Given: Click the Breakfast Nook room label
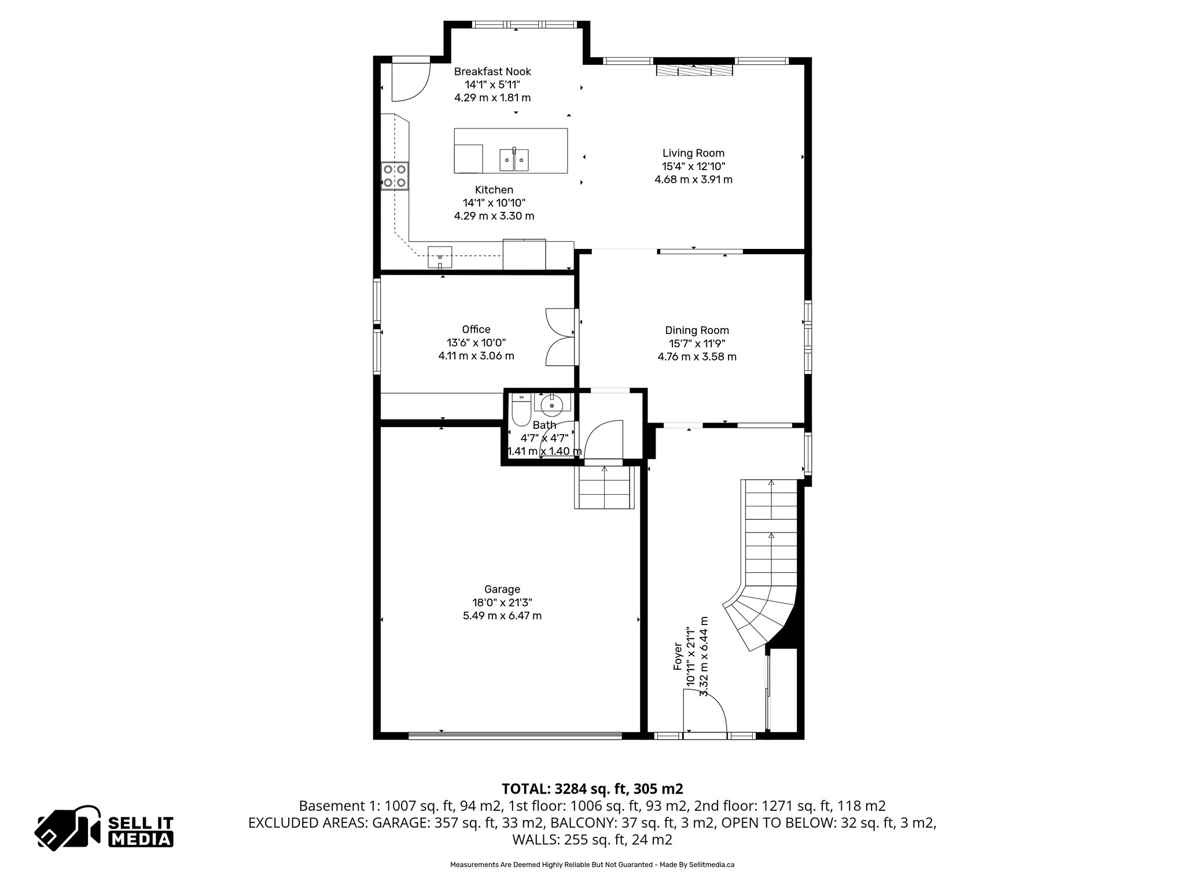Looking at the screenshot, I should coord(492,72).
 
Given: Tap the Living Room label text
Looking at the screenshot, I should coord(693,153).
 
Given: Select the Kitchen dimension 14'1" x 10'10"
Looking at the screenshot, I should coord(494,203).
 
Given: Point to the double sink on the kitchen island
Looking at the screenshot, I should coord(514,160).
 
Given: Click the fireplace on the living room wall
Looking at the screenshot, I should coord(694,70).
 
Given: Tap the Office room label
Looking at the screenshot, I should coord(476,329).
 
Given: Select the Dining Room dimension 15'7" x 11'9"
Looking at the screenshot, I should coord(697,343).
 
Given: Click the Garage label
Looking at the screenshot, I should coord(502,589).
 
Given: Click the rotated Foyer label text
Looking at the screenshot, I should coord(678,657).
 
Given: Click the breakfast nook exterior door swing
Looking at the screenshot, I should coord(410,82).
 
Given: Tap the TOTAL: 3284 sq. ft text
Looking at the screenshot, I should coord(592,789).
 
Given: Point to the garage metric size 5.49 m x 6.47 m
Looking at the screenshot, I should coord(502,616).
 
